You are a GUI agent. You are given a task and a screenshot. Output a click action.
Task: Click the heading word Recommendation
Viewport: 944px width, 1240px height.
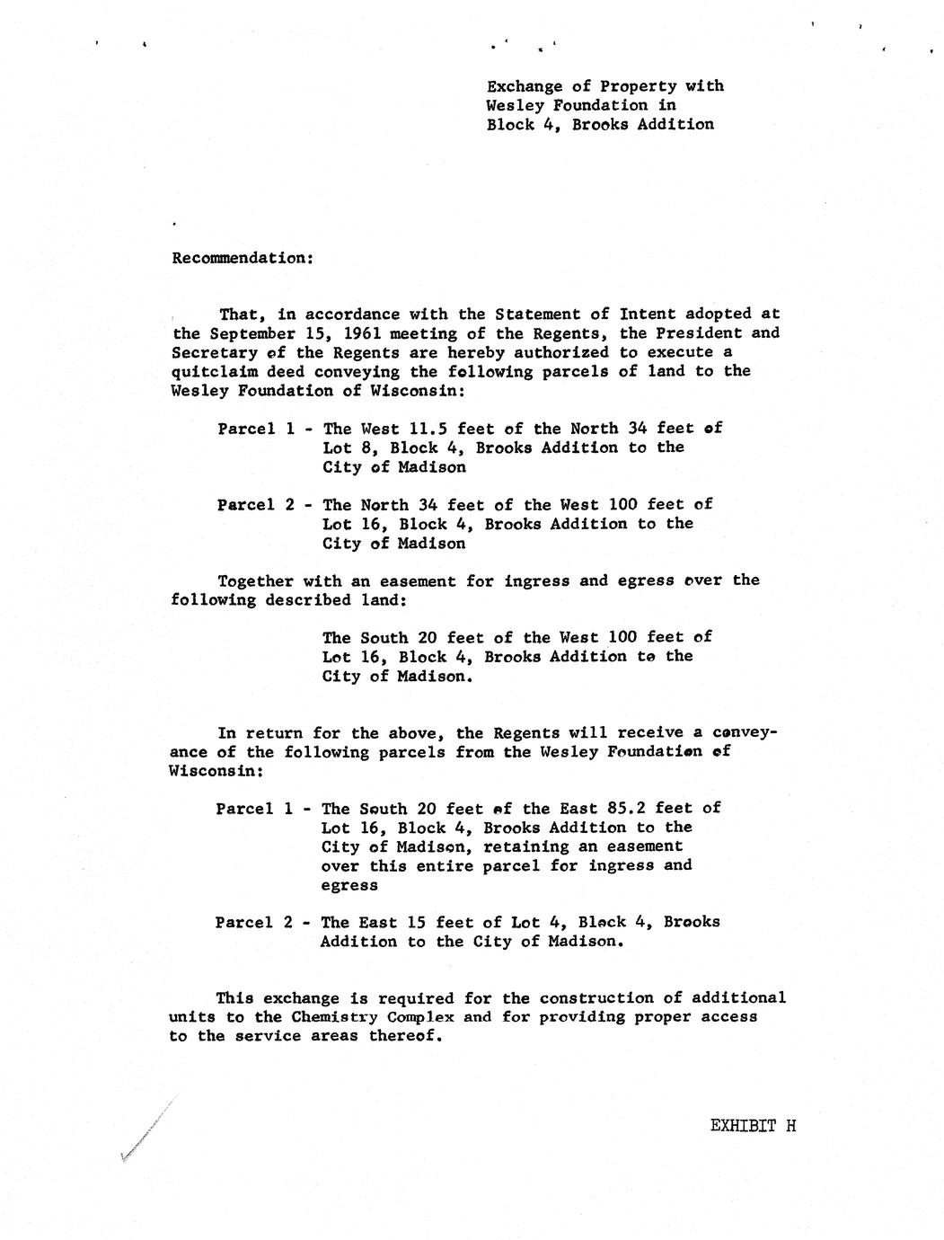[241, 258]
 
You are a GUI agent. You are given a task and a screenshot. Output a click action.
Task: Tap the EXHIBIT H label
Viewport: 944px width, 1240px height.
[753, 1126]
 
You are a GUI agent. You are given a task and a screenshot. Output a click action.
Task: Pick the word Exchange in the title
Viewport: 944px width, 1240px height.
[525, 86]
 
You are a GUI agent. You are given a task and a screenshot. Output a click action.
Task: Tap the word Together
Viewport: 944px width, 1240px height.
[255, 580]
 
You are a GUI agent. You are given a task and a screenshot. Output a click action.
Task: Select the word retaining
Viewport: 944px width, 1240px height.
[534, 846]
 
